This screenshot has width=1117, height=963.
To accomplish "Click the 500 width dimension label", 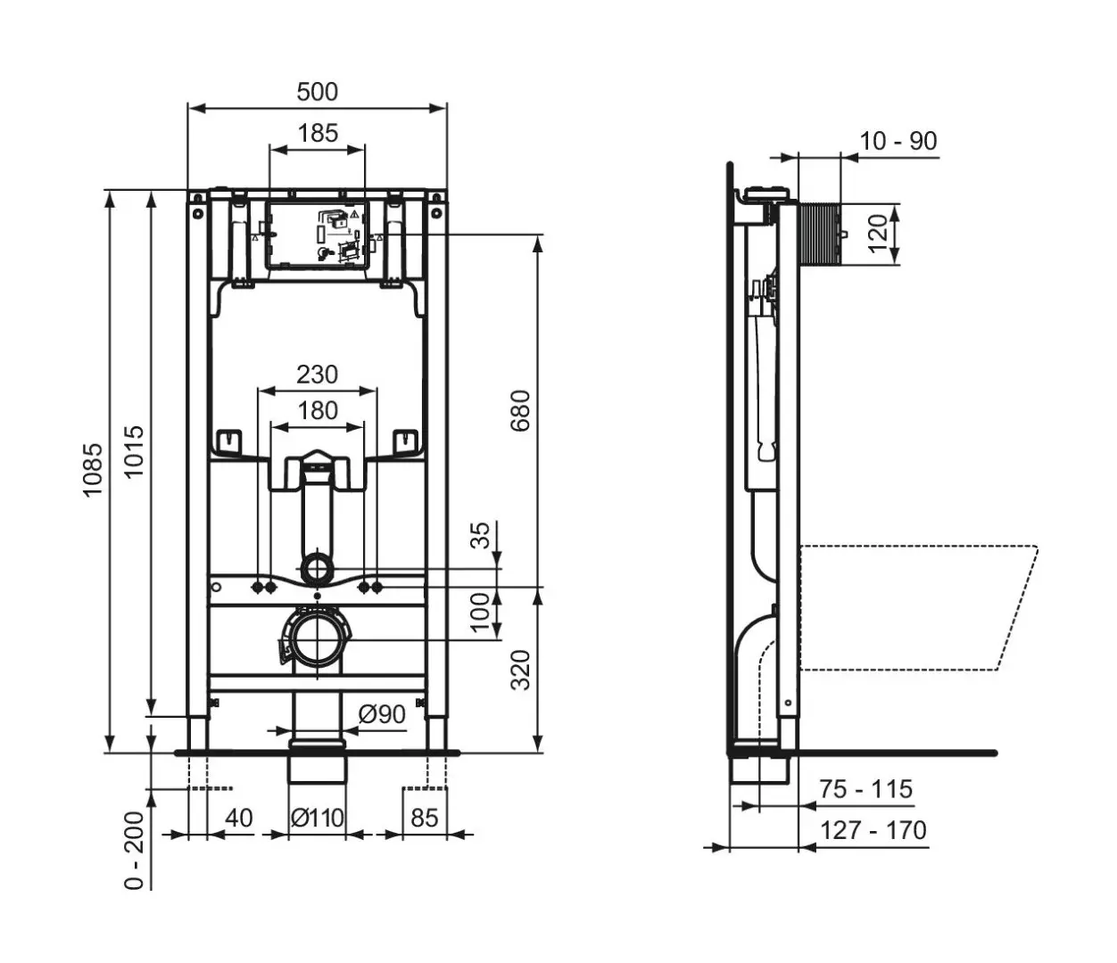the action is pyautogui.click(x=318, y=92).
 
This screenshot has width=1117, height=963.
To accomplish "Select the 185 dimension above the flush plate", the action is pyautogui.click(x=318, y=133).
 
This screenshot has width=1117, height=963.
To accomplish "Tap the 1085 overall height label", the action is pyautogui.click(x=93, y=469).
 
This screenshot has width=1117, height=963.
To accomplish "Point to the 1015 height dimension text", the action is pyautogui.click(x=135, y=451).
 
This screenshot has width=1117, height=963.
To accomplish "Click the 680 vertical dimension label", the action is pyautogui.click(x=520, y=411).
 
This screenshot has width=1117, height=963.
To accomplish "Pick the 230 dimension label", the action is pyautogui.click(x=318, y=374).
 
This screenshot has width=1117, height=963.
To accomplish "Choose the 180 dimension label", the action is pyautogui.click(x=318, y=410).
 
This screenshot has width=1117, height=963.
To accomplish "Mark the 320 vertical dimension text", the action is pyautogui.click(x=521, y=671).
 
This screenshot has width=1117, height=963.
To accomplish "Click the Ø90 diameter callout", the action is pyautogui.click(x=382, y=714).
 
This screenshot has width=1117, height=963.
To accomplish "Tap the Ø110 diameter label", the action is pyautogui.click(x=318, y=818).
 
